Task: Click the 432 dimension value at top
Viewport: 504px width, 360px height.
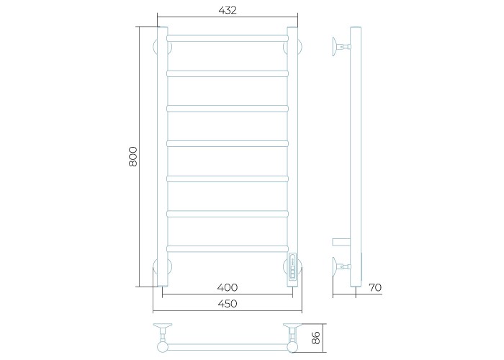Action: (x=228, y=10)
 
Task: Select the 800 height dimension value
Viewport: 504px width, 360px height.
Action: (x=132, y=156)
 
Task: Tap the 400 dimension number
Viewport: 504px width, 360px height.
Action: (x=228, y=287)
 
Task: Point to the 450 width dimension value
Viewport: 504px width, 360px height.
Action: (x=228, y=303)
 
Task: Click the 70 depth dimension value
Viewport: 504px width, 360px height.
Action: (x=375, y=287)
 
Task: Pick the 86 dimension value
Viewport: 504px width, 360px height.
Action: (x=316, y=338)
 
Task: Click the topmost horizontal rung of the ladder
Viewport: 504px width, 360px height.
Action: (x=228, y=38)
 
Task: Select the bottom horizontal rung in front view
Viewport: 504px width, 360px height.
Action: (x=228, y=249)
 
